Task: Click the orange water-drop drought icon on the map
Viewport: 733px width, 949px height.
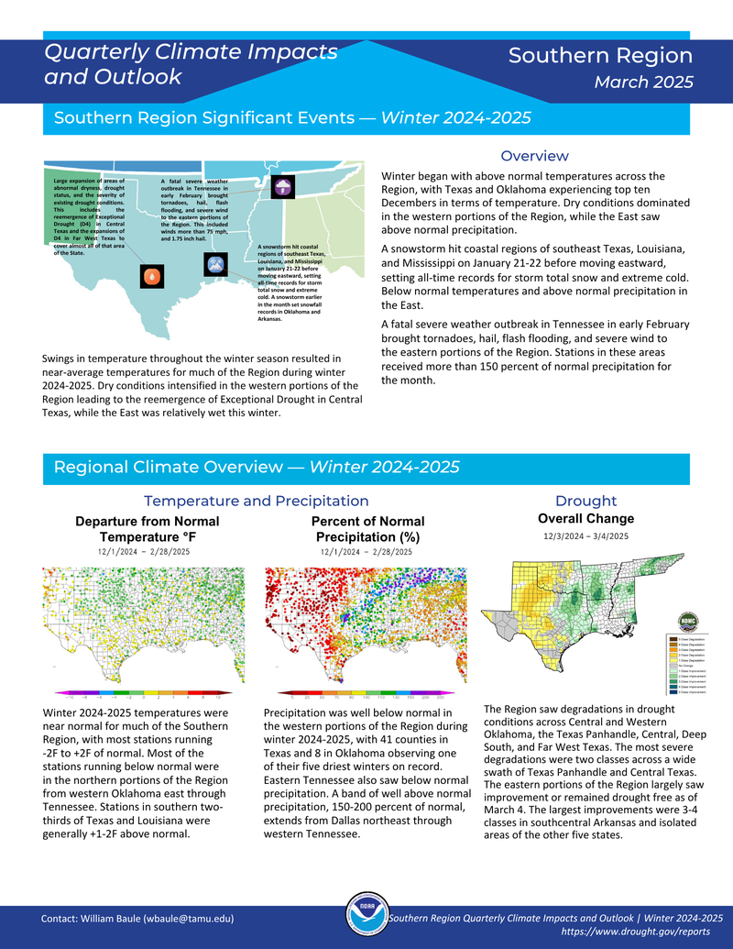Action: [152, 274]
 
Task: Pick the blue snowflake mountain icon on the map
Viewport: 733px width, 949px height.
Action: [215, 265]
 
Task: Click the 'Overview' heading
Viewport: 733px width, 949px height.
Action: [534, 156]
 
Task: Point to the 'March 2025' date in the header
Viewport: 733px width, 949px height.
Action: [643, 83]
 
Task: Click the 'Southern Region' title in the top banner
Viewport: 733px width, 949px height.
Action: [600, 56]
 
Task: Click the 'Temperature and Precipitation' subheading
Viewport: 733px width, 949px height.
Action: [256, 501]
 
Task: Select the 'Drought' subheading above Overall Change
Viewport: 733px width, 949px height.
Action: [585, 501]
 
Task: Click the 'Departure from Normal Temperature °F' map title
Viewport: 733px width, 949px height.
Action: [147, 529]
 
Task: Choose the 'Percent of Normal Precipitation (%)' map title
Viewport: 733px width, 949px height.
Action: [367, 529]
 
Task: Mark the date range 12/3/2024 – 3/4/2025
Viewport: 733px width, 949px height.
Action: [585, 535]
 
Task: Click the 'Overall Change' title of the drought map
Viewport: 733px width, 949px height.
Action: [585, 519]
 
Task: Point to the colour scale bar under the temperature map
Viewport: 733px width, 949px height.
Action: [144, 694]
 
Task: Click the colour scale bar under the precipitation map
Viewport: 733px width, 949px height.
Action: [366, 694]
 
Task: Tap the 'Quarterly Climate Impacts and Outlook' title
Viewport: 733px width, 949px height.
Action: [191, 64]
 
